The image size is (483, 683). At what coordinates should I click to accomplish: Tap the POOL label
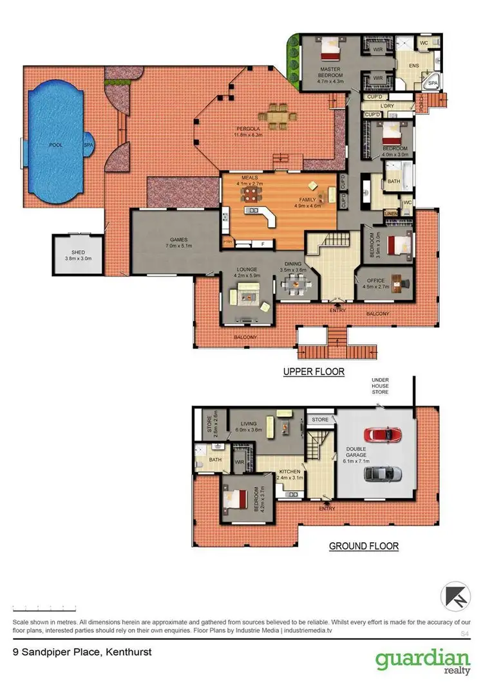click(56, 145)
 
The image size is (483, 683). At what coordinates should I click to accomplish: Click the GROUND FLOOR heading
click(364, 547)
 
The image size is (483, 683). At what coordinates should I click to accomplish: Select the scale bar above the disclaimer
click(44, 608)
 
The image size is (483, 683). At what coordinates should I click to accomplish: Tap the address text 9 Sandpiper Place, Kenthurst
click(82, 651)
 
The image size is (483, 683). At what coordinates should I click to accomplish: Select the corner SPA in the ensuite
click(432, 82)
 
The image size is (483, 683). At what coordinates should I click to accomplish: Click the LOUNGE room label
click(247, 270)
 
